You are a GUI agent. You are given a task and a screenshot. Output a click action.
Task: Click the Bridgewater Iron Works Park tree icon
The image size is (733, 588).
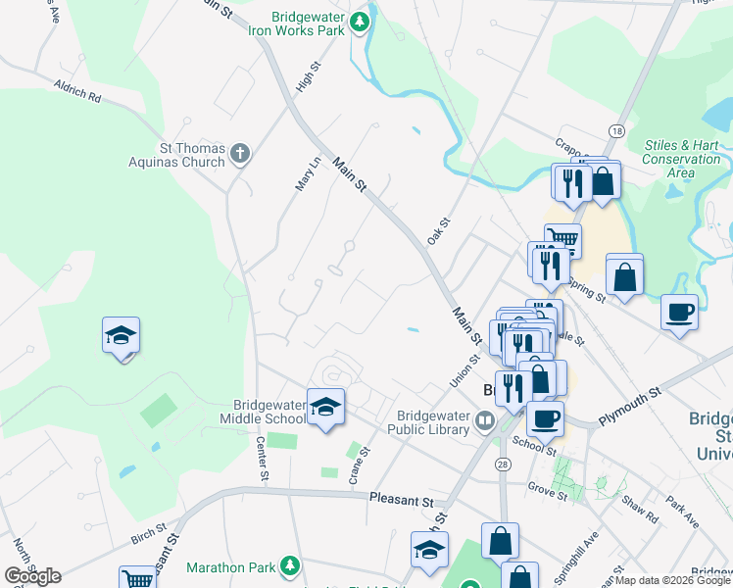[360, 21]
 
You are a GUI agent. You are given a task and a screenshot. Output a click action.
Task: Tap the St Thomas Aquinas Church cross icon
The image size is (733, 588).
[240, 153]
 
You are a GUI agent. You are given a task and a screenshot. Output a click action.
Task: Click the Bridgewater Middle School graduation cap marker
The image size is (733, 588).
[325, 407]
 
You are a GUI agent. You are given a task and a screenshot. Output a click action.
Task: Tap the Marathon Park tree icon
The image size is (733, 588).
[289, 565]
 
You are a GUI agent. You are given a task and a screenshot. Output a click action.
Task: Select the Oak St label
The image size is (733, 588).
[437, 231]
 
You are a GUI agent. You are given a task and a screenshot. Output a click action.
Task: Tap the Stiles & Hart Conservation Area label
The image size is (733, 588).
[681, 159]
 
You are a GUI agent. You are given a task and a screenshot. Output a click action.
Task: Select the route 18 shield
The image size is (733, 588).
[615, 130]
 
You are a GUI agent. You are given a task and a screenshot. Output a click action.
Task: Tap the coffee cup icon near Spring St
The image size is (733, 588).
[679, 313]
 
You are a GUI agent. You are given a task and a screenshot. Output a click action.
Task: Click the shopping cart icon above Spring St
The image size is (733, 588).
[562, 238]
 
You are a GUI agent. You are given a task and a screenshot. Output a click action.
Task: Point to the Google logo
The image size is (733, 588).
[32, 576]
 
